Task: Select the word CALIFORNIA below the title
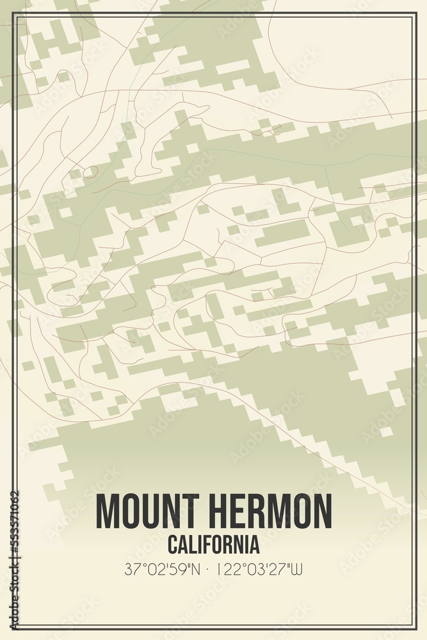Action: (x=213, y=545)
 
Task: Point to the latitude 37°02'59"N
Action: (x=163, y=569)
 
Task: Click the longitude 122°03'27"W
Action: (x=259, y=569)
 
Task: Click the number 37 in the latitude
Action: (x=133, y=569)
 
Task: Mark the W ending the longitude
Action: (x=297, y=569)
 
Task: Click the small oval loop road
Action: (x=90, y=172)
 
